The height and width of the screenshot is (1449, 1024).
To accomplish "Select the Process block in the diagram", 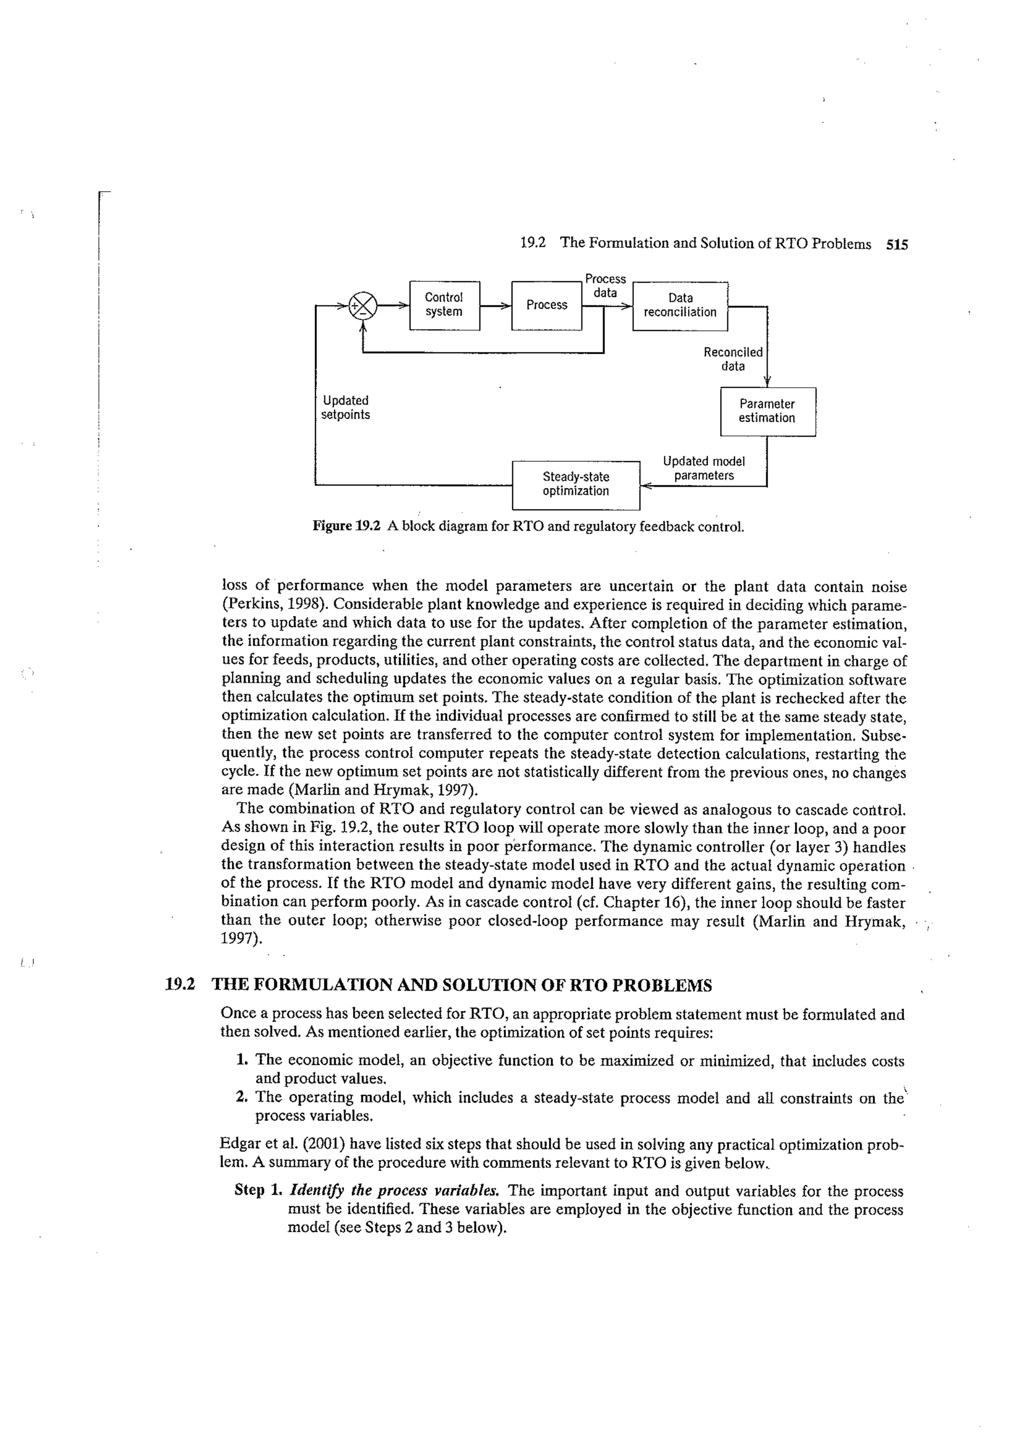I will pyautogui.click(x=546, y=306).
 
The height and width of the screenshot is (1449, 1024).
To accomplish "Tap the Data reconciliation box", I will pyautogui.click(x=679, y=306).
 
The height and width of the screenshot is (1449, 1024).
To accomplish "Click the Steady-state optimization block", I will pyautogui.click(x=575, y=484).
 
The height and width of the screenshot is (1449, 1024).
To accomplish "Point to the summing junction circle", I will pyautogui.click(x=363, y=306).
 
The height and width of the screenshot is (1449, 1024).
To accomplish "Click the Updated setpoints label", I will pyautogui.click(x=345, y=408).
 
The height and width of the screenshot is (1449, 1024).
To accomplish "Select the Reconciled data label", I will pyautogui.click(x=732, y=359).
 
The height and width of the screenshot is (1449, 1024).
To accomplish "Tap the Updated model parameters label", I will pyautogui.click(x=703, y=468).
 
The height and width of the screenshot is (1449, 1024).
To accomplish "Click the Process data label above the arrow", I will pyautogui.click(x=605, y=285).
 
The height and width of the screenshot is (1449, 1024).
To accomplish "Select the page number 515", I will pyautogui.click(x=896, y=244).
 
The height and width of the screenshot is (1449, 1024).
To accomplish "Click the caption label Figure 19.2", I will pyautogui.click(x=346, y=526).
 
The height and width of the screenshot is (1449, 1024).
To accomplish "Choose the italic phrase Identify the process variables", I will pyautogui.click(x=394, y=1191).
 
